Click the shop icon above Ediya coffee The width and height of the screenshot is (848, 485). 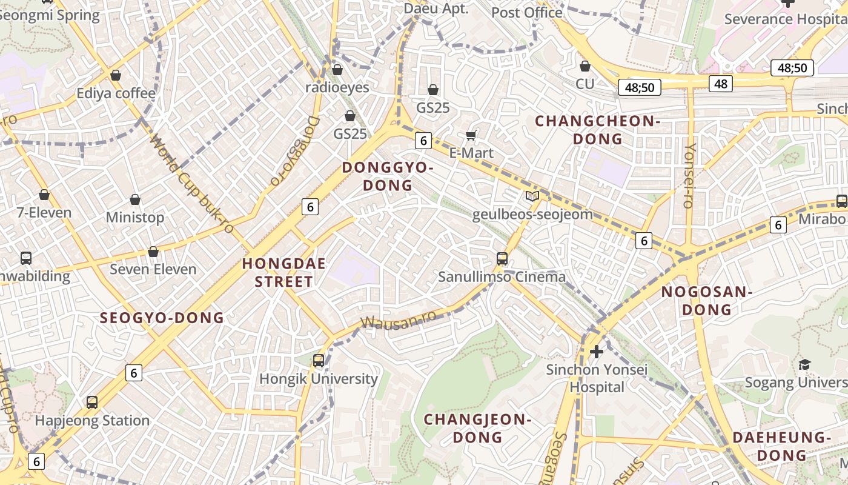click(116, 75)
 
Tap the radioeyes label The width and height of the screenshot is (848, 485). click(337, 87)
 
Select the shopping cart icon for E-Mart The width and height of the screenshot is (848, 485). click(471, 135)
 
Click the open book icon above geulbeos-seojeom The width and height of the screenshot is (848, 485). click(532, 196)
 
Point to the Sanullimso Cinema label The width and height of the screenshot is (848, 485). click(502, 277)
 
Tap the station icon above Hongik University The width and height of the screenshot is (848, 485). click(319, 361)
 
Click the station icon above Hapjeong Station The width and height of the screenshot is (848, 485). click(92, 402)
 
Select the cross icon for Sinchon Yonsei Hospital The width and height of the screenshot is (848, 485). click(597, 351)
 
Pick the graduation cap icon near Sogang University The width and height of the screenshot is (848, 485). click(804, 364)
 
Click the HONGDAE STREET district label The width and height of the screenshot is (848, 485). click(283, 272)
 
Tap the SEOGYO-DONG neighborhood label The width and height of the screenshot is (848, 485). click(162, 318)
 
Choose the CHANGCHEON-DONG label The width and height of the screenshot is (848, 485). click(597, 130)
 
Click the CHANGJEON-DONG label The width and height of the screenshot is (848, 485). click(477, 427)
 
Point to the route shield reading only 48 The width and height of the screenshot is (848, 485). click(720, 83)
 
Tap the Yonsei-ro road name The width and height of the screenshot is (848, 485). click(690, 176)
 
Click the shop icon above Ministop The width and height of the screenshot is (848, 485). click(135, 199)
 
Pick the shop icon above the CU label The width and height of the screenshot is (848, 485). click(585, 65)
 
